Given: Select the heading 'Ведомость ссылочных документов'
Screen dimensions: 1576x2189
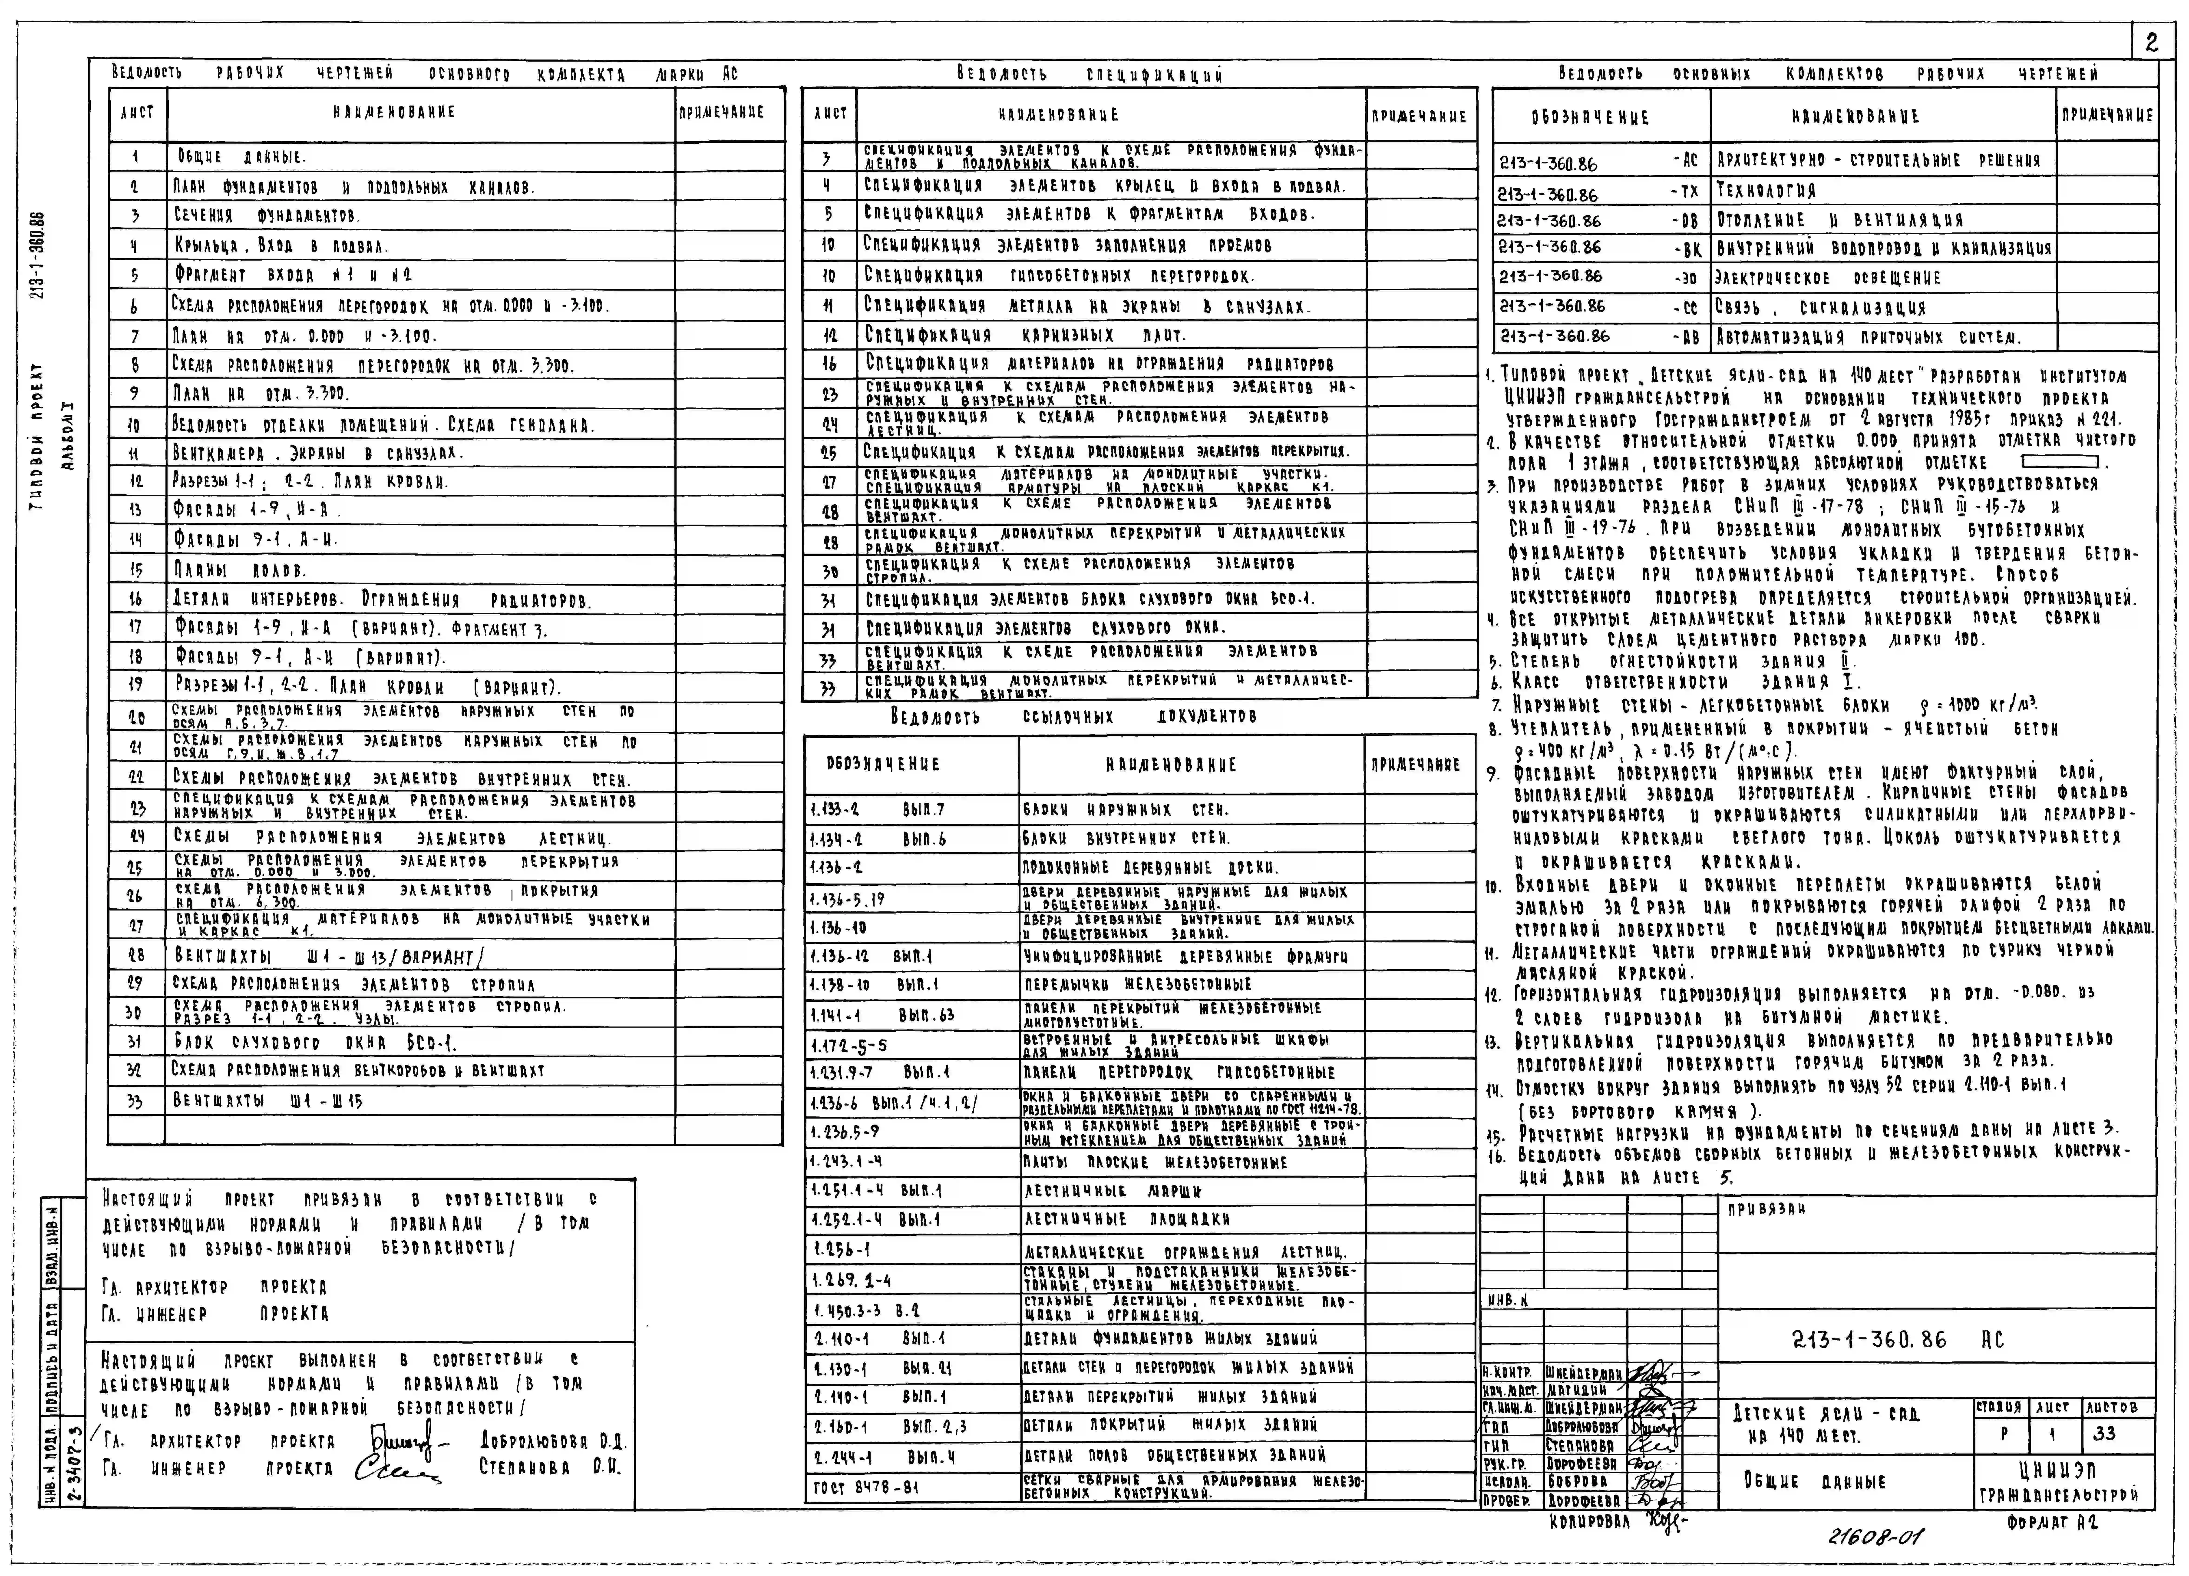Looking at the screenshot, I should tap(1073, 717).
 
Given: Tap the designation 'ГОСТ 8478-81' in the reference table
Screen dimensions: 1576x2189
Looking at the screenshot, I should tap(866, 1487).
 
